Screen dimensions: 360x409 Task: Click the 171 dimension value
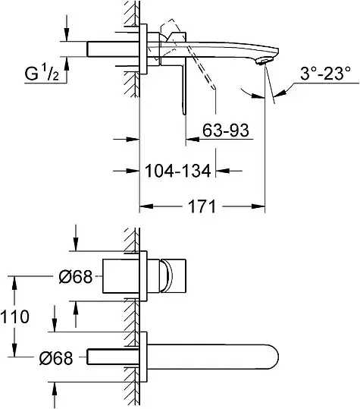click(202, 206)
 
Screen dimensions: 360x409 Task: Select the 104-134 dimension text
click(177, 171)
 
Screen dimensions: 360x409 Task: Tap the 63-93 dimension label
click(226, 131)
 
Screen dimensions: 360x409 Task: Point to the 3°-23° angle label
click(326, 74)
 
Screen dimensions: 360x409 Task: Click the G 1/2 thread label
click(42, 74)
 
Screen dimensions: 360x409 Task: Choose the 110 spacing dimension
click(14, 316)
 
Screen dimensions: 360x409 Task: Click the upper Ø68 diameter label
click(76, 276)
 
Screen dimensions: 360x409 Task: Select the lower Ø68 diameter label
click(56, 358)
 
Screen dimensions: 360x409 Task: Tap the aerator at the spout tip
click(264, 61)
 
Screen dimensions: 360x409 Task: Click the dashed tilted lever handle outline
click(188, 52)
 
